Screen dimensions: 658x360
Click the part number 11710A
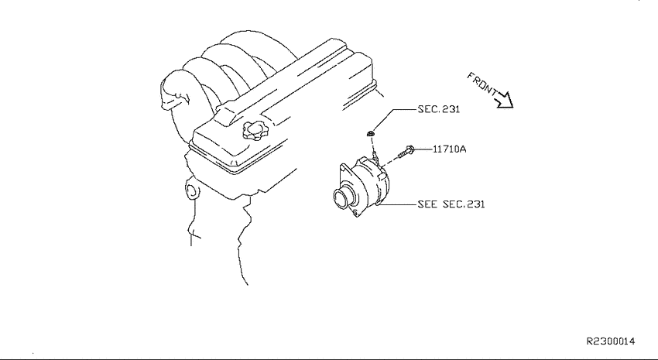pyautogui.click(x=449, y=149)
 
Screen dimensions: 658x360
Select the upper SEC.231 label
pyautogui.click(x=438, y=109)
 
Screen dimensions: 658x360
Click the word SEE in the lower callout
pyautogui.click(x=427, y=204)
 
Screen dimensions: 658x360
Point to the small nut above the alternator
pyautogui.click(x=370, y=134)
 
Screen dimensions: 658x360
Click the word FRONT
pyautogui.click(x=482, y=84)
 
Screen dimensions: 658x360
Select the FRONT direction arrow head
pyautogui.click(x=505, y=101)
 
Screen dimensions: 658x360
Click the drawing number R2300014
pyautogui.click(x=611, y=341)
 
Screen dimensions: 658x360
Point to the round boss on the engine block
pyautogui.click(x=192, y=191)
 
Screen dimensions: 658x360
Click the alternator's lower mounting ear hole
pyautogui.click(x=356, y=214)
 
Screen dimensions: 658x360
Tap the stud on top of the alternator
pyautogui.click(x=375, y=158)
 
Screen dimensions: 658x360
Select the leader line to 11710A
pyautogui.click(x=424, y=149)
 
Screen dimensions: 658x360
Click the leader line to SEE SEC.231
pyautogui.click(x=398, y=204)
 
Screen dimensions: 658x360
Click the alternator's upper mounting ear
pyautogui.click(x=345, y=170)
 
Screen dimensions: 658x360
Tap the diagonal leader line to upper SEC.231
pyautogui.click(x=383, y=120)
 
